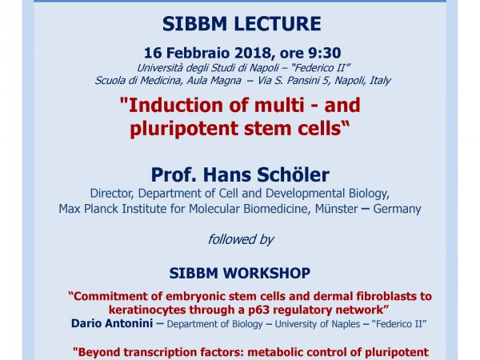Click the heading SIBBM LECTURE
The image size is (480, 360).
pyautogui.click(x=242, y=24)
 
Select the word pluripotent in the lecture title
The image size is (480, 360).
pyautogui.click(x=184, y=129)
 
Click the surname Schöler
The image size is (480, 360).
pyautogui.click(x=293, y=174)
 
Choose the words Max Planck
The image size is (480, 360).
pyautogui.click(x=89, y=209)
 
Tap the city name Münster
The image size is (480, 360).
pyautogui.click(x=337, y=209)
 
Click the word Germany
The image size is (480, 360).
pyautogui.click(x=397, y=209)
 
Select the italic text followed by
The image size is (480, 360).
pyautogui.click(x=241, y=239)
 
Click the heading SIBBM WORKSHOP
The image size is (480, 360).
pyautogui.click(x=240, y=273)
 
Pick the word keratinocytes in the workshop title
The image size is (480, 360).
pyautogui.click(x=147, y=310)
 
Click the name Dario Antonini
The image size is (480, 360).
pyautogui.click(x=112, y=323)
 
